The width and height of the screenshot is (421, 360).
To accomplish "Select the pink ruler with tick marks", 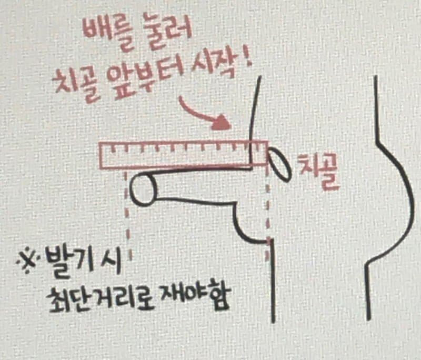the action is pos(184,155).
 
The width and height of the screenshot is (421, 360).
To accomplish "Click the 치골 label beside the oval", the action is pos(318,172).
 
